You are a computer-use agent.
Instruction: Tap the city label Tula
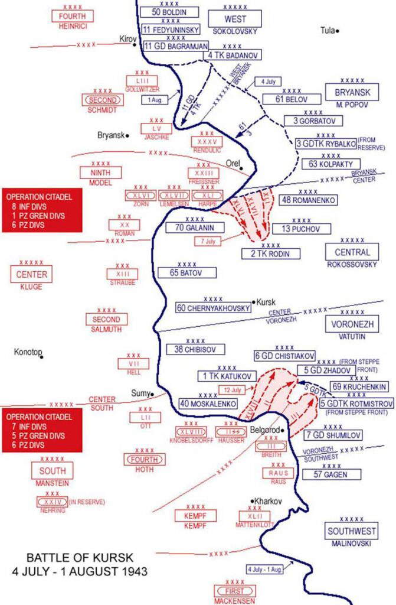click(328, 30)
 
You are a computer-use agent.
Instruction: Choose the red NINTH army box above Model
click(101, 173)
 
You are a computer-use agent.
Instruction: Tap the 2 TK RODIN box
click(271, 254)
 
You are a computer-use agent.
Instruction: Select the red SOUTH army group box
click(53, 471)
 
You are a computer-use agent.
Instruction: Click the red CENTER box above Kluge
click(31, 274)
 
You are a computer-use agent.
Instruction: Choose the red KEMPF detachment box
click(189, 516)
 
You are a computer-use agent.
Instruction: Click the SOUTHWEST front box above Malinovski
click(352, 531)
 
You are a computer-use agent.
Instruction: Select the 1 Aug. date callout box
click(155, 99)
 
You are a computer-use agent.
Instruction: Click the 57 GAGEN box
click(324, 474)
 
